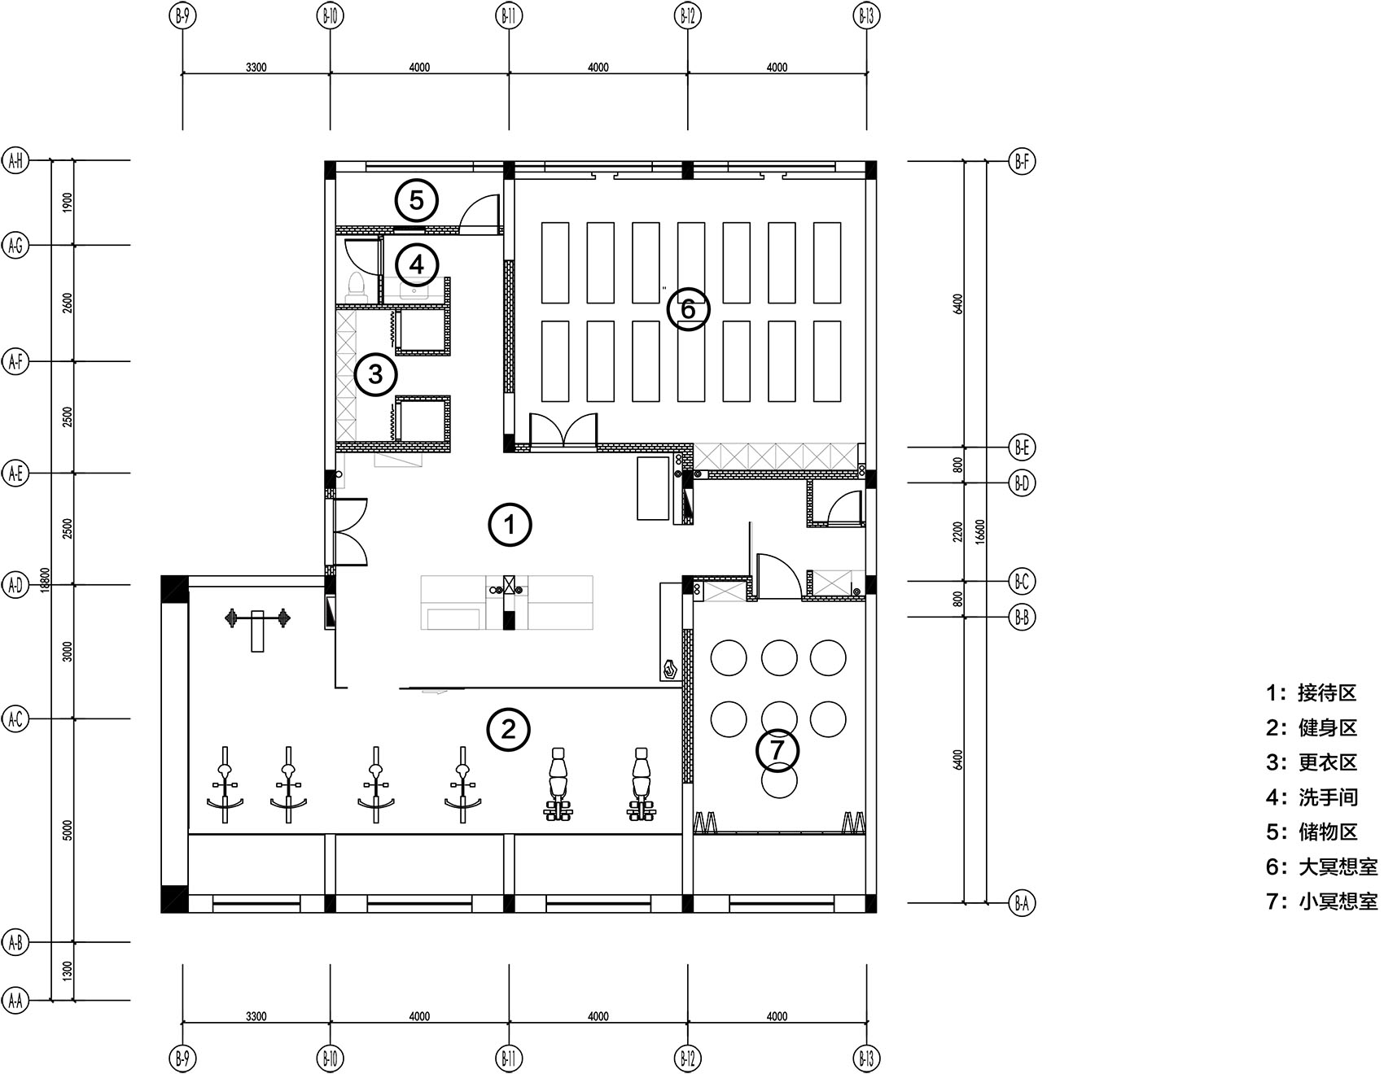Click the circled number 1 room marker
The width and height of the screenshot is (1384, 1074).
(510, 525)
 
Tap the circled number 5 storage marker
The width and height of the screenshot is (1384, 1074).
(417, 200)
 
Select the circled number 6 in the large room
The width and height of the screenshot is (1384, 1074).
(688, 308)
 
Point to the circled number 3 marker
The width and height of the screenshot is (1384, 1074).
(375, 374)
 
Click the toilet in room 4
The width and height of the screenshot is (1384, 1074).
(356, 287)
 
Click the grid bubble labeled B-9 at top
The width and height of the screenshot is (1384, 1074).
(182, 15)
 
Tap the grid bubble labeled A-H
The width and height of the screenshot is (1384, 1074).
(15, 161)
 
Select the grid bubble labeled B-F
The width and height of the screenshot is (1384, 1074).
(1022, 161)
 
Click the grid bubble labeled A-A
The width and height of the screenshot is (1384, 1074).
(15, 1000)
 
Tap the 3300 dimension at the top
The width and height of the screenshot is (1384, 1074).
(256, 68)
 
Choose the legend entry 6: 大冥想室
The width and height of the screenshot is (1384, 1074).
(1322, 867)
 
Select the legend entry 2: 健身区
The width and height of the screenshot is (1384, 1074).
(1312, 727)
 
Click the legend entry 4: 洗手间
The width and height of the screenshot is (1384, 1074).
(1312, 797)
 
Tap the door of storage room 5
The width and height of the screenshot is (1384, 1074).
(480, 214)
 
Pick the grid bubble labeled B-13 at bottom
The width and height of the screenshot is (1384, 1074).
(865, 1059)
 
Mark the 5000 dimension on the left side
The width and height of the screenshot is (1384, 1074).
(68, 830)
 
